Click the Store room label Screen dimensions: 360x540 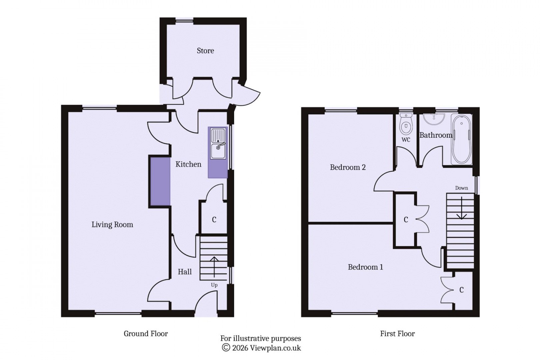(205, 51)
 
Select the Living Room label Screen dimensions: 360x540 (112, 225)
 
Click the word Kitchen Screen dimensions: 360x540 (188, 164)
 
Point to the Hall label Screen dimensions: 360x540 (184, 272)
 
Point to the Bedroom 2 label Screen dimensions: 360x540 (348, 167)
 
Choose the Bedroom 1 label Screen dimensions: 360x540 (365, 267)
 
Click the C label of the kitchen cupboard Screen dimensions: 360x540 (214, 220)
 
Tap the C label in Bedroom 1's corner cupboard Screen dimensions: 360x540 (461, 290)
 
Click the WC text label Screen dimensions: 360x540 (406, 140)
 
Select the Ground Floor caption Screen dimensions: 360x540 (146, 334)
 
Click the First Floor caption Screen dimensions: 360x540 (397, 334)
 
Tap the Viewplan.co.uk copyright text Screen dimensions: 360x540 (261, 348)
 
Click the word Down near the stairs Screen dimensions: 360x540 (461, 188)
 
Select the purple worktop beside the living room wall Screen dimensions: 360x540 (160, 182)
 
